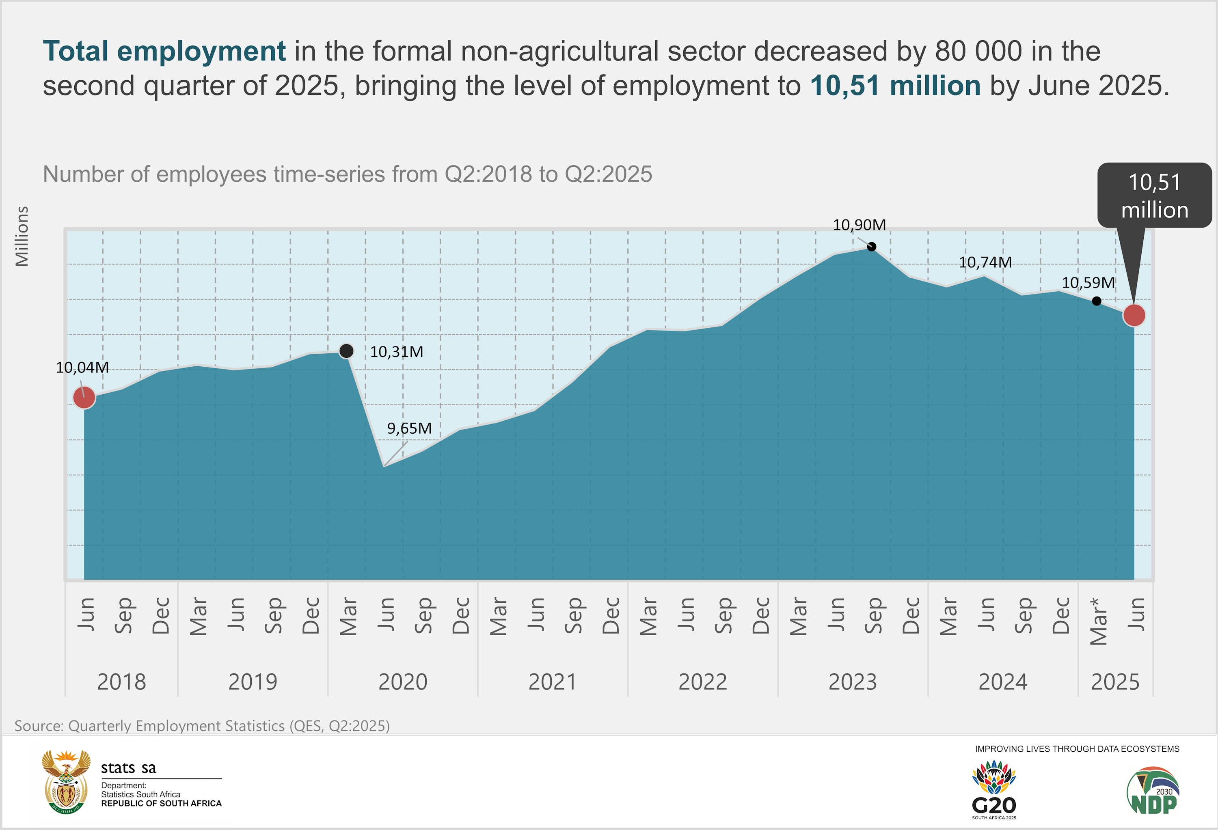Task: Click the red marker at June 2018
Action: coord(84,398)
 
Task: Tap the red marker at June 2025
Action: coord(1134,315)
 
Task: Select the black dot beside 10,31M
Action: coord(346,350)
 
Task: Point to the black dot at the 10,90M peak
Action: coord(872,247)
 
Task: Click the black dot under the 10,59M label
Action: coord(1097,301)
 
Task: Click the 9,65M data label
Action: coord(409,428)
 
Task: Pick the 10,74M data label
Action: coord(985,262)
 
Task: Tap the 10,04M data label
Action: coord(82,368)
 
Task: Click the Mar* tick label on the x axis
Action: coord(1099,621)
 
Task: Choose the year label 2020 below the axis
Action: coord(402,682)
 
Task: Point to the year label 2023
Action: coord(852,682)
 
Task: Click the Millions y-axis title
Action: coord(22,236)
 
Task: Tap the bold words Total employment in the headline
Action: coord(164,52)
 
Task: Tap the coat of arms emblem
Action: coord(65,781)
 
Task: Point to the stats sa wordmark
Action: coord(128,768)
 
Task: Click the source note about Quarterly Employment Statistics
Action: coord(202,726)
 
